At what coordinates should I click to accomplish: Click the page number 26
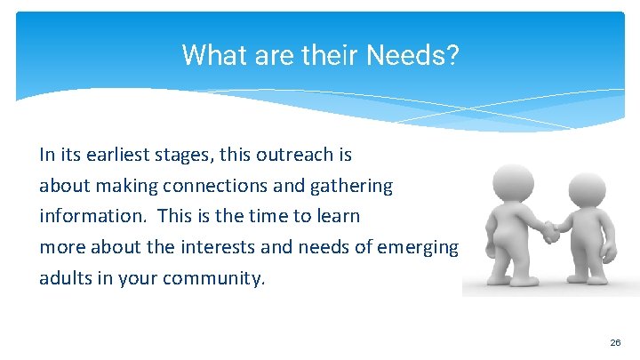pos(615,342)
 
